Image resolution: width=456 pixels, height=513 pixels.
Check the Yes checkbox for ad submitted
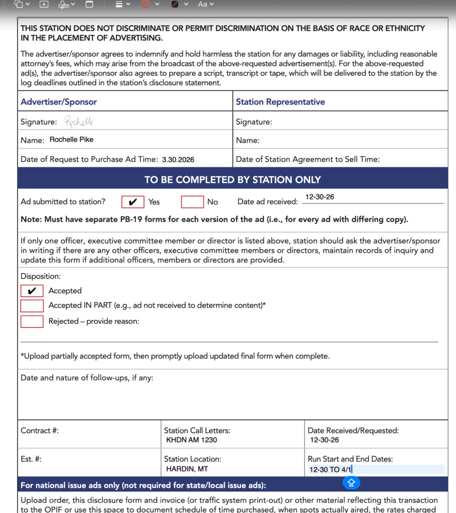[133, 202]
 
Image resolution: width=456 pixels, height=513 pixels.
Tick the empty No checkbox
[192, 202]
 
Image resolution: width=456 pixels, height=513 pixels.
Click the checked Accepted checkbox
[32, 291]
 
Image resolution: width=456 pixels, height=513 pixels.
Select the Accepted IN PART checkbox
[32, 306]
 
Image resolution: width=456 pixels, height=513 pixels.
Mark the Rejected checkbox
[32, 322]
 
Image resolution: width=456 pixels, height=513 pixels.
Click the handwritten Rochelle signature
[78, 122]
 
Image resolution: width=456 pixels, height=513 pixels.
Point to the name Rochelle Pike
[71, 140]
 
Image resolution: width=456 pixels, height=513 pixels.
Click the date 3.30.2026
[178, 160]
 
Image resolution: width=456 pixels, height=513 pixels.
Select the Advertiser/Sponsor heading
[59, 102]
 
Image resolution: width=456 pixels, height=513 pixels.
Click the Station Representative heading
[280, 102]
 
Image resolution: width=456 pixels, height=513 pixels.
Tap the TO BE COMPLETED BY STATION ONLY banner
[232, 179]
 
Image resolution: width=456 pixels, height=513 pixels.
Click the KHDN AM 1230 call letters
[192, 440]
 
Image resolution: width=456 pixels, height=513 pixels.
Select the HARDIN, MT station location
[187, 469]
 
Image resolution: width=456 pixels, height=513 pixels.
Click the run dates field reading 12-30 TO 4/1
[331, 470]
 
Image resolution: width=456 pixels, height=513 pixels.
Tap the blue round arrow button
[351, 482]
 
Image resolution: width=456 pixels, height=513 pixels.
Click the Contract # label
[40, 430]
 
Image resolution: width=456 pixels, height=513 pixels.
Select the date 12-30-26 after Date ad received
[320, 197]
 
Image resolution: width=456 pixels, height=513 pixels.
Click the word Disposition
[40, 276]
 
